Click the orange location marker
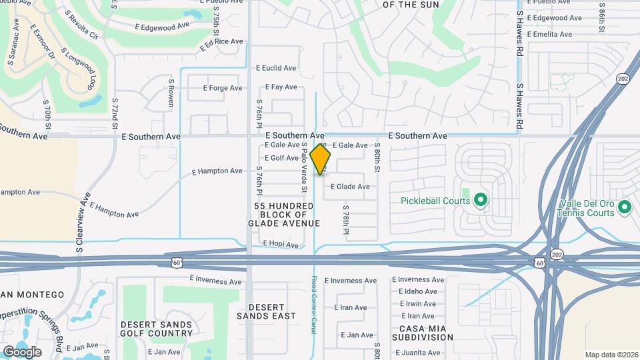pyautogui.click(x=321, y=159)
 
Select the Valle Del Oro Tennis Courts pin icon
pyautogui.click(x=624, y=208)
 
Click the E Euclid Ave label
pyautogui.click(x=276, y=68)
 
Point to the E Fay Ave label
pyautogui.click(x=281, y=87)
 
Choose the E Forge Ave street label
pyautogui.click(x=217, y=88)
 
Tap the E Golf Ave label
pyautogui.click(x=281, y=158)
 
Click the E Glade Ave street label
pyautogui.click(x=350, y=187)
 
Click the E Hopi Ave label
pyautogui.click(x=281, y=245)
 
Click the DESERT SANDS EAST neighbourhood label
pyautogui.click(x=267, y=311)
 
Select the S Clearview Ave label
pyautogui.click(x=83, y=223)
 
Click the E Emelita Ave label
pyautogui.click(x=549, y=35)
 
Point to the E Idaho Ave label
pyautogui.click(x=418, y=291)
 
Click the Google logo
pyautogui.click(x=22, y=352)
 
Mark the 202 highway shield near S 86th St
pyautogui.click(x=622, y=79)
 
